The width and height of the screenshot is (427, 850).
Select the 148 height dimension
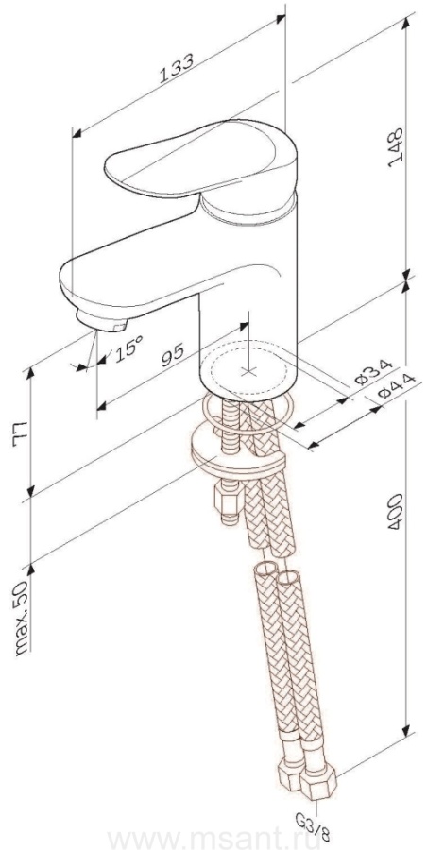click(397, 147)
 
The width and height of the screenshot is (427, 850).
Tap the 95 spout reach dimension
click(173, 355)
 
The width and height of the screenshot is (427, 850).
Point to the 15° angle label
click(128, 348)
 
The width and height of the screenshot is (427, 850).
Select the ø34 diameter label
click(373, 372)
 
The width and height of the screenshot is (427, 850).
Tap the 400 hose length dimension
click(396, 511)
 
